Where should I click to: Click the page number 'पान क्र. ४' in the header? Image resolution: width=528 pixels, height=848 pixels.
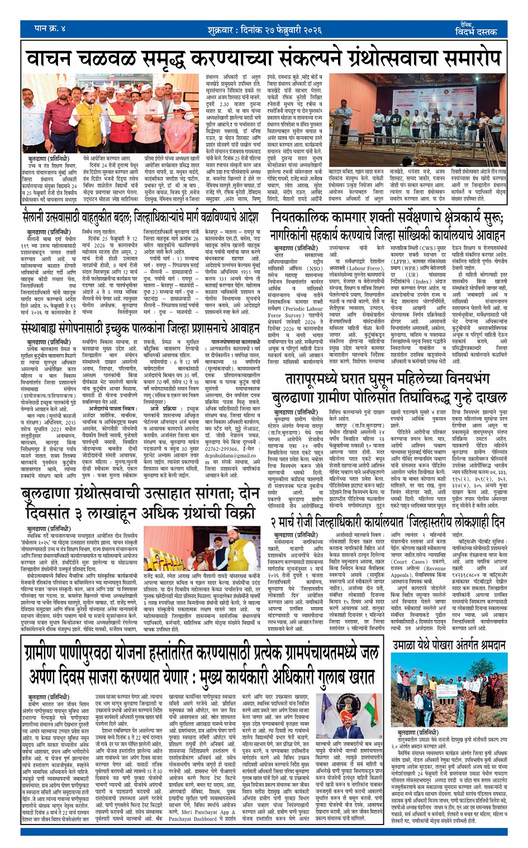point(50,28)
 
